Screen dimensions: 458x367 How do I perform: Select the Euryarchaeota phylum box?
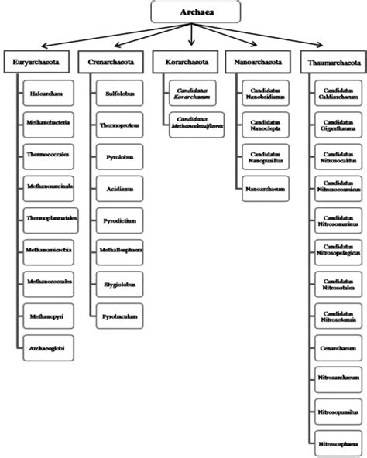point(36,61)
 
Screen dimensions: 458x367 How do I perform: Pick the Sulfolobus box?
point(122,94)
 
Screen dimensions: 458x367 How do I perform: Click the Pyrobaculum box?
point(122,316)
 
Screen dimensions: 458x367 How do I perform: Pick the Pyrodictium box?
point(122,221)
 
